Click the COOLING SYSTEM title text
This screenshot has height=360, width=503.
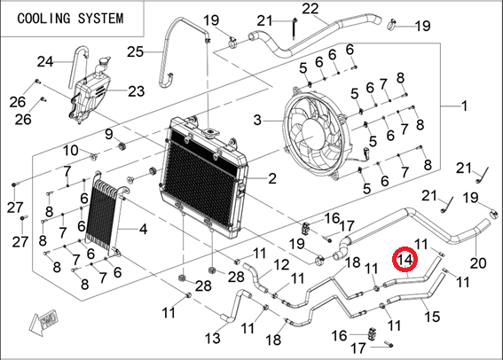point(70,19)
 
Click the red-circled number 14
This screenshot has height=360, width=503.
point(405,259)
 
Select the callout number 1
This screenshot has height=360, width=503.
point(464,106)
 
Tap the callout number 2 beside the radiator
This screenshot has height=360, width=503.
point(272,178)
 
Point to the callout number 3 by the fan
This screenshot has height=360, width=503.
point(257,121)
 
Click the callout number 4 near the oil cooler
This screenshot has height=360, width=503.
point(143,229)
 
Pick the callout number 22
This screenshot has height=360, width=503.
point(310,8)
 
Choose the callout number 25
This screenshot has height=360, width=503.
point(135,51)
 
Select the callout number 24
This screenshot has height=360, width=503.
point(45,61)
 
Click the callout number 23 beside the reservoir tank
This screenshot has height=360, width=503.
point(137,91)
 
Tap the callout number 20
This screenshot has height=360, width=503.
point(478,263)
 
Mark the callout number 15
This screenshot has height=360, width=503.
point(432,316)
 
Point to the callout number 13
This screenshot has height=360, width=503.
point(212,338)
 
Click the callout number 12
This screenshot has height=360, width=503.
point(281,265)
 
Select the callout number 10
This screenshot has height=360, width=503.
point(70,150)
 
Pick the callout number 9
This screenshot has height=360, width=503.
point(109,134)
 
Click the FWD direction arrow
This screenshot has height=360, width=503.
point(44,322)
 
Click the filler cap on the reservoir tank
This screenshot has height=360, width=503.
point(106,61)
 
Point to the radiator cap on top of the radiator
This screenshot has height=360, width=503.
point(211,131)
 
